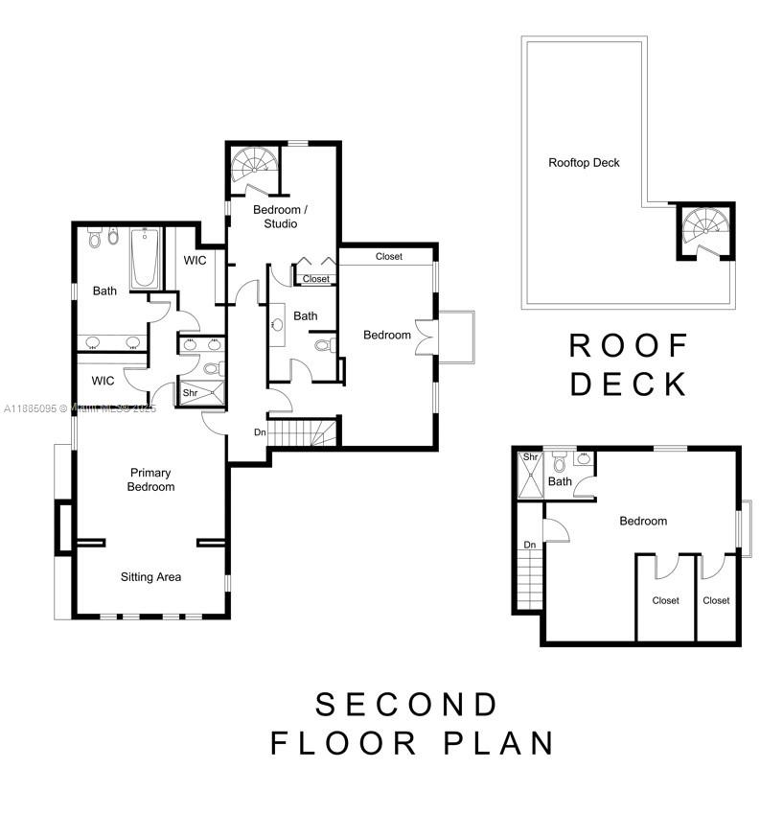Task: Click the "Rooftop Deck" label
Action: [x=584, y=162]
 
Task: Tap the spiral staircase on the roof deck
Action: [x=705, y=230]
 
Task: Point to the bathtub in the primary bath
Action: [x=145, y=257]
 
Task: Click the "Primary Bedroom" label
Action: [x=151, y=479]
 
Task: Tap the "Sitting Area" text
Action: [x=150, y=577]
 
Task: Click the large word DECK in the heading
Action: [x=629, y=384]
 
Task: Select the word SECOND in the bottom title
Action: [x=406, y=705]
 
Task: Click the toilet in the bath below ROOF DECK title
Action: [x=559, y=465]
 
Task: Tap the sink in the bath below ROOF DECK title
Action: [x=583, y=459]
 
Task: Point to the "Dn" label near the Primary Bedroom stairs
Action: [x=260, y=432]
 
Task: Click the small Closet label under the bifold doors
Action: [x=315, y=279]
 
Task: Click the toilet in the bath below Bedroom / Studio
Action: [x=323, y=345]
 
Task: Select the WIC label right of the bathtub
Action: [x=195, y=261]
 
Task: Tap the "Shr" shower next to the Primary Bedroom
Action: [x=191, y=391]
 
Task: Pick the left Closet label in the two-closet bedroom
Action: [x=665, y=600]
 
